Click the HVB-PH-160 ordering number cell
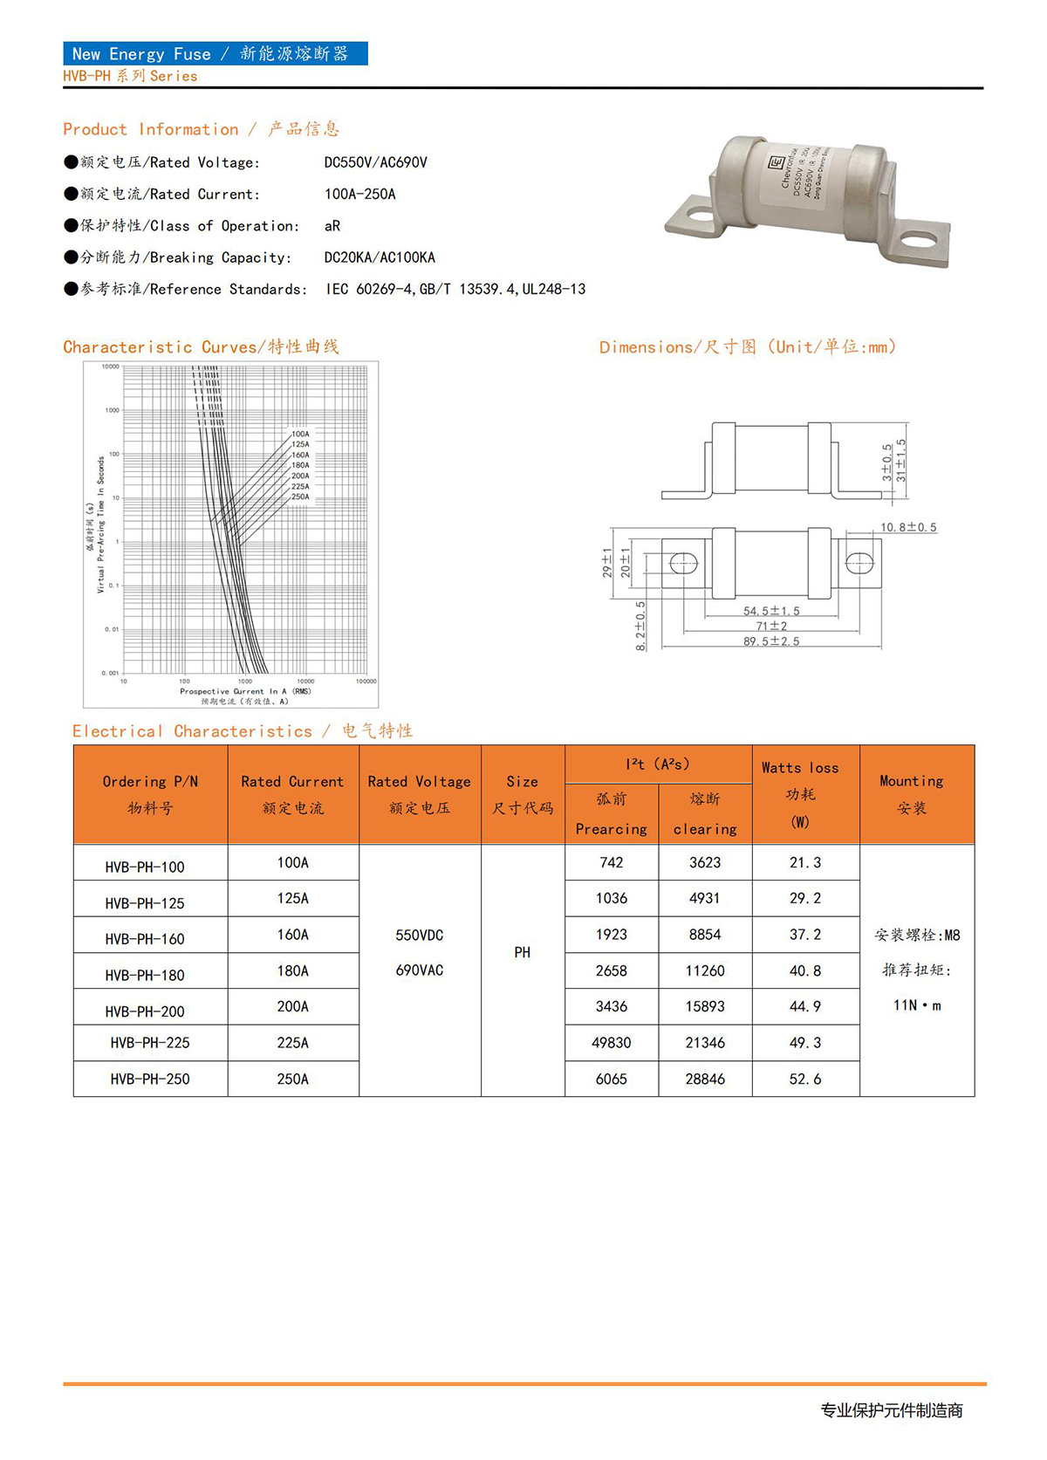[145, 939]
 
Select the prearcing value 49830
[611, 1043]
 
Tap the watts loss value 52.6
[804, 1080]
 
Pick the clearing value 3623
[705, 863]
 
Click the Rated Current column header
[292, 794]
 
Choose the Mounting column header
[911, 794]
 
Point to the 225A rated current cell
[292, 1043]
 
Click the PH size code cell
[522, 952]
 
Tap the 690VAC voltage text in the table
[420, 970]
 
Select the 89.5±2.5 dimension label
[771, 641]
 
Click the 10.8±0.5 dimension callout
[908, 528]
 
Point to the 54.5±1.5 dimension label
[771, 611]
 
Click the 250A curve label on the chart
[300, 497]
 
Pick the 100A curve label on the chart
[300, 434]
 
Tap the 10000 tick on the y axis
[110, 367]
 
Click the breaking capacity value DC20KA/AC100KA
[380, 257]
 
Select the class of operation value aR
[332, 226]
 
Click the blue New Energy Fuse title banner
[215, 54]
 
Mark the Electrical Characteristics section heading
[242, 731]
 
